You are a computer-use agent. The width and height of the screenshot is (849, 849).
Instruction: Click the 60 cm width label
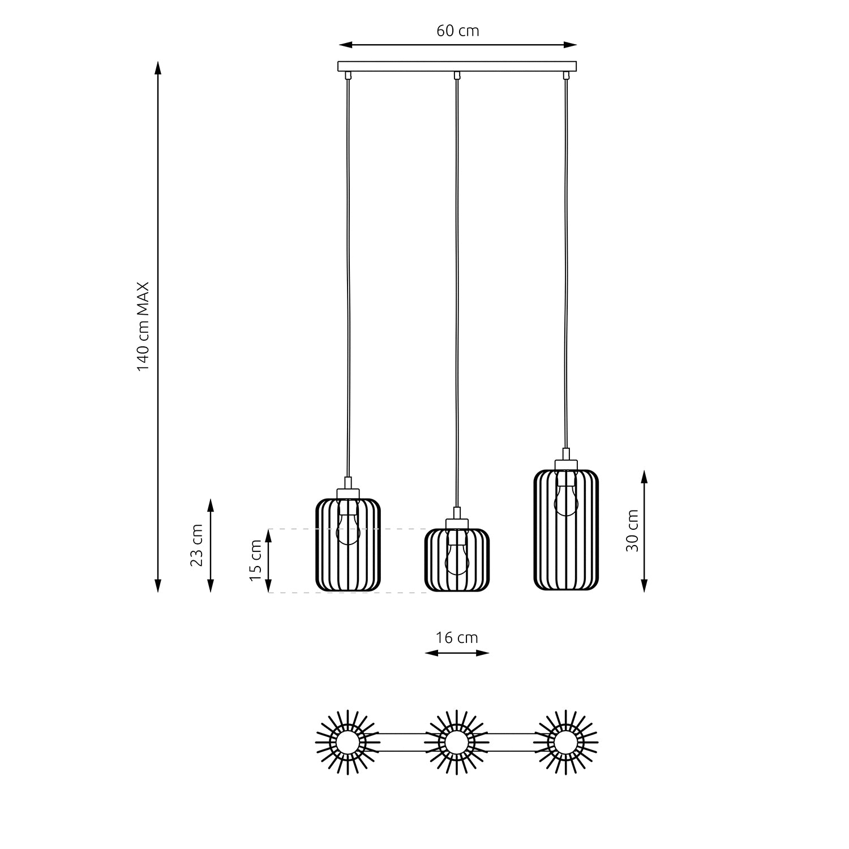click(457, 31)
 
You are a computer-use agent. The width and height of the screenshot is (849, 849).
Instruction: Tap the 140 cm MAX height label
click(143, 327)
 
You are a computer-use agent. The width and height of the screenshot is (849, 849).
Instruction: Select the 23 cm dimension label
click(196, 545)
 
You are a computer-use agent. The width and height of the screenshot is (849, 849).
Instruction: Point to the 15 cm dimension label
click(256, 560)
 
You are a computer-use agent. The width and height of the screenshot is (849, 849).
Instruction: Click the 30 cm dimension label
click(632, 530)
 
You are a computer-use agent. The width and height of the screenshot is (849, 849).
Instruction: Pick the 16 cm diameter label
click(457, 637)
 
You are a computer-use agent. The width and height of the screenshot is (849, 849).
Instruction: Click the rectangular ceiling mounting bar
click(457, 66)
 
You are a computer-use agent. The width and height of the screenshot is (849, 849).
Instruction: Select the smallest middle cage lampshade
click(457, 560)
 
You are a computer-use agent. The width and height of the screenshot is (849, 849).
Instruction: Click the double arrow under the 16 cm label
click(457, 653)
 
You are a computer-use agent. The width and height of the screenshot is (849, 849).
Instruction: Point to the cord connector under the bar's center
click(457, 75)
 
